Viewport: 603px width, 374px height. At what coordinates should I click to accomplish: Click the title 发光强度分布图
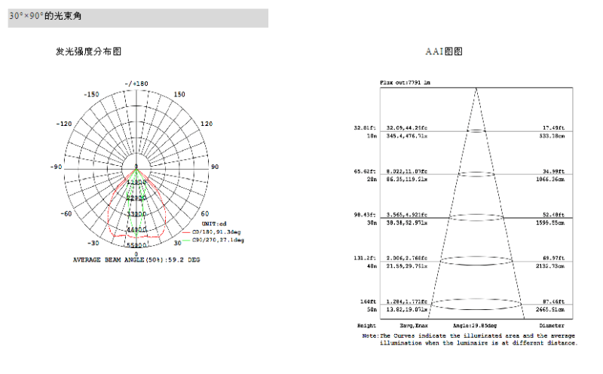[x=88, y=51]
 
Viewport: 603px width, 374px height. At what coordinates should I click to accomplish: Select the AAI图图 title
[x=444, y=51]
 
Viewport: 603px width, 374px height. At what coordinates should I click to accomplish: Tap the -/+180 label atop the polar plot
[x=136, y=83]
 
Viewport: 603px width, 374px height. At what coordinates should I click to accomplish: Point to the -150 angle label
[x=91, y=95]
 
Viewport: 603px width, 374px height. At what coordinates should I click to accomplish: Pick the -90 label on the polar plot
[x=56, y=167]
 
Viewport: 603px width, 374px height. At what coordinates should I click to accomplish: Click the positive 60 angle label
[x=205, y=213]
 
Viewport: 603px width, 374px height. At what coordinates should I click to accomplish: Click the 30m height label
[x=371, y=223]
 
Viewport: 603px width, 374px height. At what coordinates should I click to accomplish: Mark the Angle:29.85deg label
[x=475, y=326]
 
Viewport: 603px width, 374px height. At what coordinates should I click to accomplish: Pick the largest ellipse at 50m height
[x=476, y=305]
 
